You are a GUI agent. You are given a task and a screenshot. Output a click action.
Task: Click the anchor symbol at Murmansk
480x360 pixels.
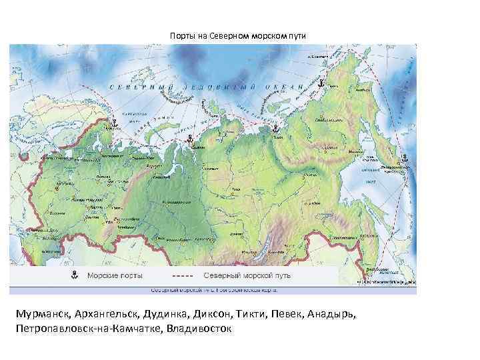click(x=113, y=124)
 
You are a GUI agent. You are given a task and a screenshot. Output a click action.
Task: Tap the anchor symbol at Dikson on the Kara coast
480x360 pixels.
click(x=190, y=139)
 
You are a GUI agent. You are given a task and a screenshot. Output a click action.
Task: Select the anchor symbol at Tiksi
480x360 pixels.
click(x=274, y=129)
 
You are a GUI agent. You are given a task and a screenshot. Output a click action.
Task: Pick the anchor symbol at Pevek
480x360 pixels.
click(x=319, y=85)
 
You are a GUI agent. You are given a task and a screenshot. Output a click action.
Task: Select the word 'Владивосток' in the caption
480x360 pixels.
click(x=200, y=329)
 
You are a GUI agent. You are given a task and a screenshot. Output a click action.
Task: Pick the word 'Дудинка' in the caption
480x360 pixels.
click(x=163, y=315)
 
